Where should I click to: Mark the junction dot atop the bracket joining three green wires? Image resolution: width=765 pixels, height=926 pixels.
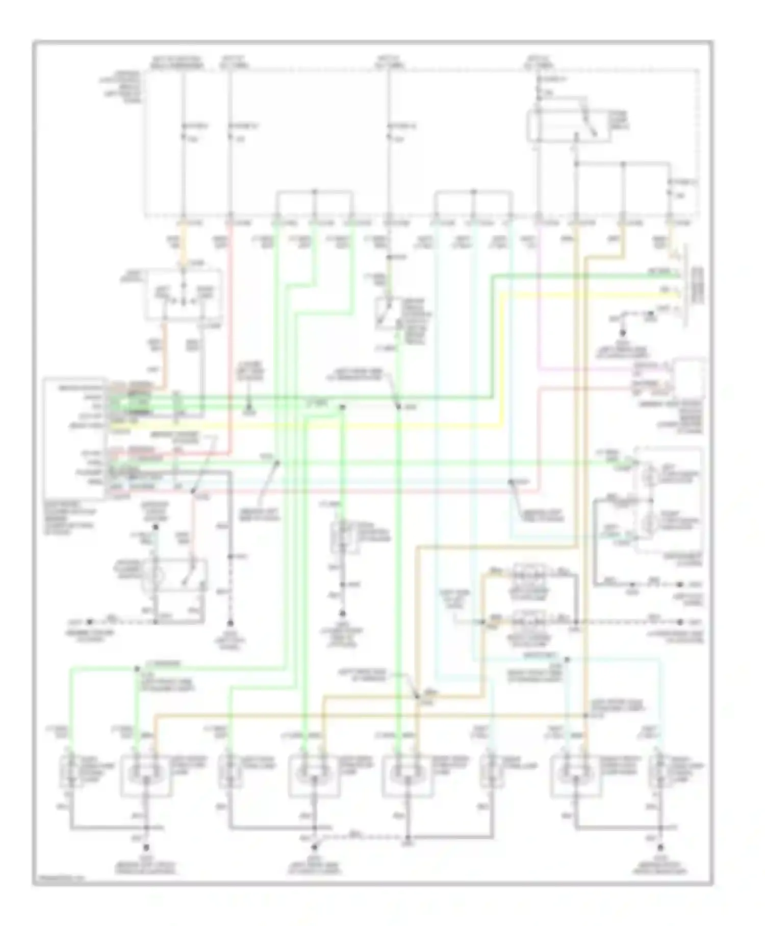pos(315,192)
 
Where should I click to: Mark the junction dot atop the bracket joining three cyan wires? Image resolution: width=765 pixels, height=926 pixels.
pos(473,192)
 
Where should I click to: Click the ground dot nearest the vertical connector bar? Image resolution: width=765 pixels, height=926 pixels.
pos(622,332)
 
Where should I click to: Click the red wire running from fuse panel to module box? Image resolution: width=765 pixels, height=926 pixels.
pos(231,332)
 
